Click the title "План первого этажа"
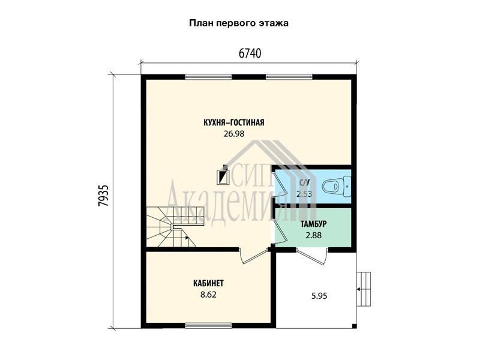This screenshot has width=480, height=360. [x=239, y=23]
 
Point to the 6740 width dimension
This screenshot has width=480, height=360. [x=250, y=53]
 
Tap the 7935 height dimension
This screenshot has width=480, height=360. [x=103, y=196]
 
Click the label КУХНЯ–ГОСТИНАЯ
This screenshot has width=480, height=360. [x=233, y=122]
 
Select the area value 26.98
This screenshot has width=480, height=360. [x=234, y=134]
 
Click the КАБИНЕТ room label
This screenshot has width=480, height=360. [x=208, y=283]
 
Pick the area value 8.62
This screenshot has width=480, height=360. [x=208, y=295]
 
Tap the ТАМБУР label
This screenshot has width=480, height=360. [x=313, y=224]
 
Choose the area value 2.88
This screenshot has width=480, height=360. [x=313, y=235]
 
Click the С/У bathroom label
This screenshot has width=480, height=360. [x=304, y=183]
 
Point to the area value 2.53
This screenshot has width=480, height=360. [x=304, y=194]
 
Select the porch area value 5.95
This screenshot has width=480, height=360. [x=319, y=296]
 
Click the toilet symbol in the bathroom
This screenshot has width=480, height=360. [x=337, y=186]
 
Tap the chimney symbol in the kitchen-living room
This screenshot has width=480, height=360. [x=223, y=175]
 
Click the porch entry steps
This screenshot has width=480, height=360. [x=364, y=289]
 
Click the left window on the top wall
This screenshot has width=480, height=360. [x=208, y=77]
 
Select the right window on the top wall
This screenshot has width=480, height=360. [x=289, y=77]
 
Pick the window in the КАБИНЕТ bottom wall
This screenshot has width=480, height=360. [x=208, y=325]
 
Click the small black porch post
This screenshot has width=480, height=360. [x=354, y=326]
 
